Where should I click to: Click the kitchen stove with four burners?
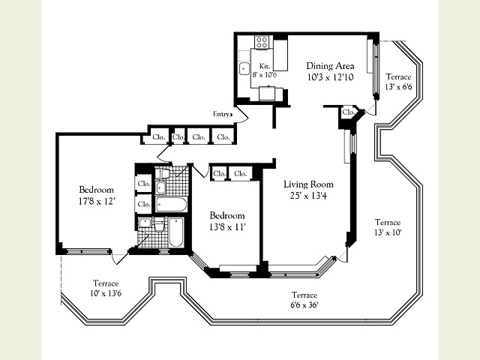[x=262, y=42]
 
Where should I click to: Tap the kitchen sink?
[x=244, y=69]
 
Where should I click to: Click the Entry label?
[x=221, y=114]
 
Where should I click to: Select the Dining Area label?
[x=330, y=66]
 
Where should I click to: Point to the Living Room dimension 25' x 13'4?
[x=308, y=195]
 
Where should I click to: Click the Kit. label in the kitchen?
[x=265, y=66]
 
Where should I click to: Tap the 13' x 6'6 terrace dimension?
[x=398, y=87]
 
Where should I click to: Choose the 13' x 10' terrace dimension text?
[x=388, y=232]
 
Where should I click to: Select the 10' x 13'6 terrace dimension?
[x=106, y=293]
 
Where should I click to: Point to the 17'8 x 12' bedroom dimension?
[x=97, y=201]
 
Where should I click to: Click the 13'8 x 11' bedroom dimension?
[x=227, y=227]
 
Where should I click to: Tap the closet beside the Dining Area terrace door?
[x=348, y=112]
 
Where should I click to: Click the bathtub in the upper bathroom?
[x=171, y=205]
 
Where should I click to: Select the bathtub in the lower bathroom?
[x=176, y=232]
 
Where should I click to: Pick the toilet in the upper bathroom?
[x=162, y=173]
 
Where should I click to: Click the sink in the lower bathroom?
[x=145, y=222]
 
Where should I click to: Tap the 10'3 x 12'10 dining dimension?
[x=330, y=77]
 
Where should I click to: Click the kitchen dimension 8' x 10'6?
[x=265, y=74]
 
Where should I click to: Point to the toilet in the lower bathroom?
[x=159, y=225]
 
